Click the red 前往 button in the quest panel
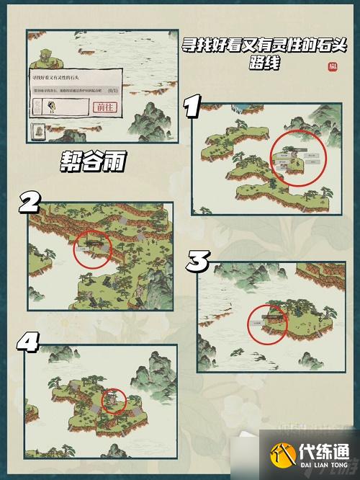[x=105, y=107]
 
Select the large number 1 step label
[x=192, y=108]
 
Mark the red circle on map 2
[x=93, y=249]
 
